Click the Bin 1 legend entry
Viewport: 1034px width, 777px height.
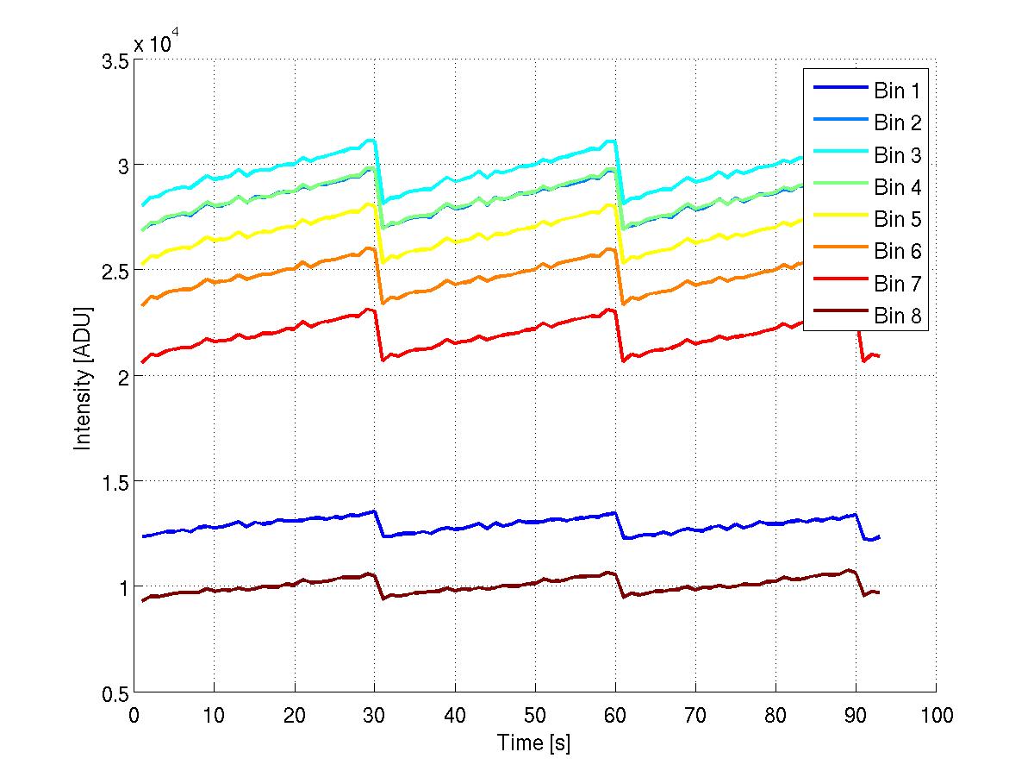click(x=867, y=90)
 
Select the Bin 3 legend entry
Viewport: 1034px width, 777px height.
click(x=867, y=155)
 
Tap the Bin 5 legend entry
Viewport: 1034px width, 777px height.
click(x=867, y=219)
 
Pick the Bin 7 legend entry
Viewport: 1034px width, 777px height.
click(x=867, y=284)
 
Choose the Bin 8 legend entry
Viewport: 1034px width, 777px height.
click(x=867, y=316)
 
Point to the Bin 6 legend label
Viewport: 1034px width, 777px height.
click(x=898, y=252)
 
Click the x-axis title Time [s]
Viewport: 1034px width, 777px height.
click(x=533, y=743)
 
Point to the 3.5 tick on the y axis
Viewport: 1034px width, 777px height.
click(x=115, y=62)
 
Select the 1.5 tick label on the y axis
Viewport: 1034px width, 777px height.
click(x=115, y=481)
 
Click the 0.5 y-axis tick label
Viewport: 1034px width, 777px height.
click(x=115, y=693)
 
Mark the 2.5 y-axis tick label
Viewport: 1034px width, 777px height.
click(x=115, y=272)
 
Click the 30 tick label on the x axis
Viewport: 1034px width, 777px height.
click(x=374, y=715)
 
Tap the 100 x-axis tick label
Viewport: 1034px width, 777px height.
click(x=936, y=715)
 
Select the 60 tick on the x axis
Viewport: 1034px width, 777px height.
click(x=615, y=715)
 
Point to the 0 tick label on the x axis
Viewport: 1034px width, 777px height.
click(x=134, y=715)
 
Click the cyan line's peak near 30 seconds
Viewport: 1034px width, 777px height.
click(x=371, y=140)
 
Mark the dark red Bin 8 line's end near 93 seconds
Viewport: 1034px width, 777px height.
click(x=878, y=592)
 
